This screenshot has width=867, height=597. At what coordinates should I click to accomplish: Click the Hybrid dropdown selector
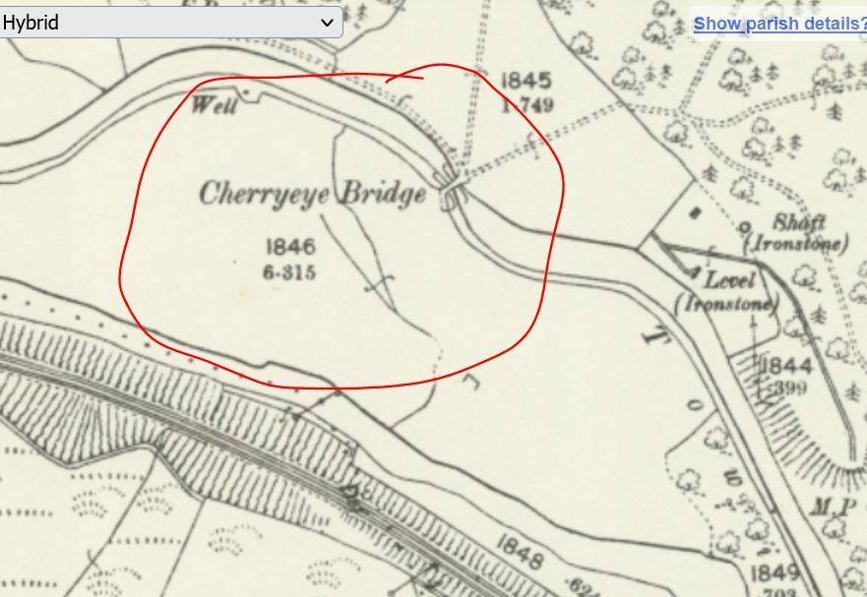171,22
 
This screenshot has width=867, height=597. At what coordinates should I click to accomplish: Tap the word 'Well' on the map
214,104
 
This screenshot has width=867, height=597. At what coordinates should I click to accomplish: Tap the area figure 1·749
527,105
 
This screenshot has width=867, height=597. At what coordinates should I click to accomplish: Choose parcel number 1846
289,248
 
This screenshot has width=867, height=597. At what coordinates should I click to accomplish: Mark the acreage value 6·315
289,272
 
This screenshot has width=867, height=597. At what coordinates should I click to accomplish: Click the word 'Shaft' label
799,222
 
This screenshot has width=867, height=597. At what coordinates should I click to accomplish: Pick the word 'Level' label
729,281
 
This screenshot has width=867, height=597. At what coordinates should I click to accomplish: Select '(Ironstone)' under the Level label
726,303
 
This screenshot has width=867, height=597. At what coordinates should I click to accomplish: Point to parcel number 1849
774,573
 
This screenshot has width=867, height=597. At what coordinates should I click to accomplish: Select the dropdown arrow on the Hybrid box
327,22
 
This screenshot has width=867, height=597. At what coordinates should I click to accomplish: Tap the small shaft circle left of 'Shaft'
745,225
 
